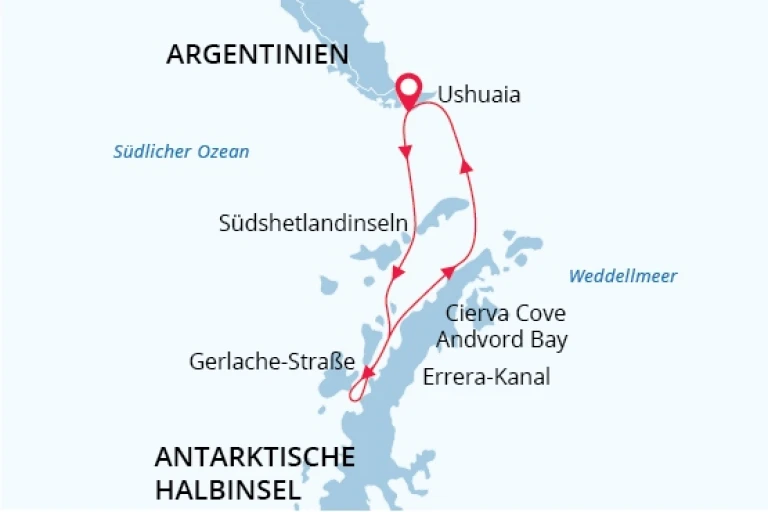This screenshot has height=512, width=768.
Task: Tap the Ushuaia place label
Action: (x=479, y=96)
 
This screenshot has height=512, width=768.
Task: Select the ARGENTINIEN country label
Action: (x=257, y=54)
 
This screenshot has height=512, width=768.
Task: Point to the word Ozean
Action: (x=226, y=152)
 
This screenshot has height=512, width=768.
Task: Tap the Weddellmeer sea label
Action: (x=622, y=276)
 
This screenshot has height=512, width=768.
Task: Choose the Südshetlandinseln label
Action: (x=313, y=224)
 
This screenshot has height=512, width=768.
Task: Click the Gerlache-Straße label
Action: (x=272, y=362)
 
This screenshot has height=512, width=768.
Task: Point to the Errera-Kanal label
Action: (x=487, y=378)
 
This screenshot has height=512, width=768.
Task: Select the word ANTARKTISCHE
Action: (x=255, y=458)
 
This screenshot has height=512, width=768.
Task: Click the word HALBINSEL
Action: (x=228, y=490)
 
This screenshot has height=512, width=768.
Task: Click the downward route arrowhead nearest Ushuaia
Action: (x=406, y=152)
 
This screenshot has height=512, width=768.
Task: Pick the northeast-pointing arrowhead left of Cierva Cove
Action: (x=449, y=272)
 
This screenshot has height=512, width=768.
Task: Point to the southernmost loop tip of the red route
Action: (x=354, y=400)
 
